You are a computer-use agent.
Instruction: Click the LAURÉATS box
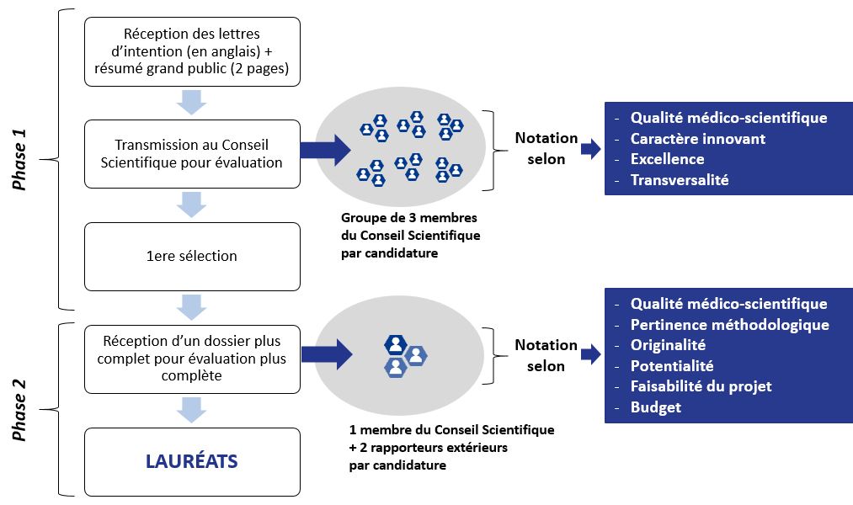click(x=192, y=461)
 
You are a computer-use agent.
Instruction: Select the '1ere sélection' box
click(x=192, y=256)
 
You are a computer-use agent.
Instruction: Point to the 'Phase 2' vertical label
click(x=20, y=410)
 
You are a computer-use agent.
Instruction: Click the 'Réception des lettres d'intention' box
click(x=192, y=51)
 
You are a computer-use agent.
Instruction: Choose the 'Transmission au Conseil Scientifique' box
click(x=192, y=154)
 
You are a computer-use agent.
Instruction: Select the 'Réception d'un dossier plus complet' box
click(x=192, y=359)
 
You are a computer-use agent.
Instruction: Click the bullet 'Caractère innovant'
click(x=697, y=138)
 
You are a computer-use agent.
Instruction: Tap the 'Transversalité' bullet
click(x=679, y=179)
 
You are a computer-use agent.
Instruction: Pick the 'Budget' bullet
click(x=655, y=407)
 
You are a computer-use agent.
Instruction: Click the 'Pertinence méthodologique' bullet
click(x=729, y=325)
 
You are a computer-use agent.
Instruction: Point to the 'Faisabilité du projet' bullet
click(x=701, y=386)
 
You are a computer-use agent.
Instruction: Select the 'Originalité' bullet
click(x=668, y=345)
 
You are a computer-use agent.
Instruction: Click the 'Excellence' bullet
click(x=667, y=159)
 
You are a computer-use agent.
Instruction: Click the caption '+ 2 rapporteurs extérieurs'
click(x=428, y=447)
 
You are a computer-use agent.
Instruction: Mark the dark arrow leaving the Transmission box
click(x=325, y=151)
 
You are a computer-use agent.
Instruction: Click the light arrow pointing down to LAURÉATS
click(x=192, y=410)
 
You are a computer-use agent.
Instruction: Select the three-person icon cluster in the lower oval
click(x=403, y=354)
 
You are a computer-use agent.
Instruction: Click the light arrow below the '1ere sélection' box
click(x=192, y=306)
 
